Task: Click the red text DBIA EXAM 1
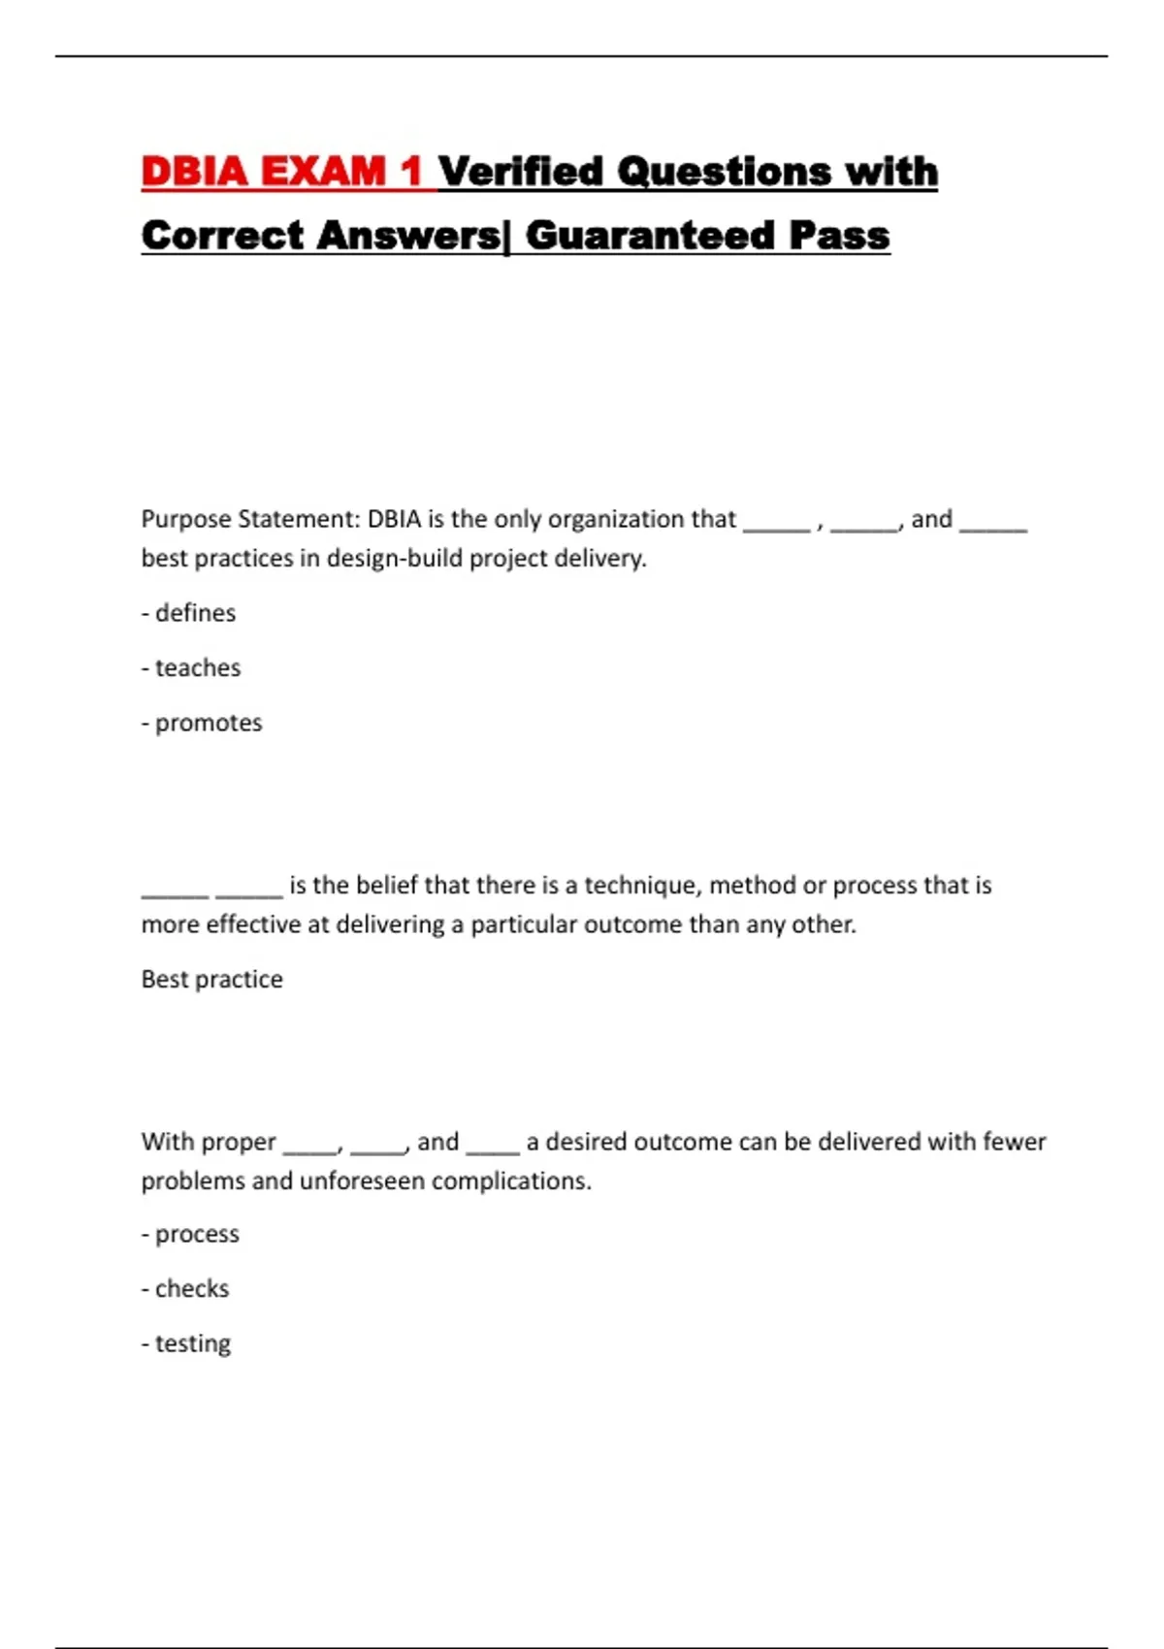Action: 280,172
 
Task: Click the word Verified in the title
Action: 520,172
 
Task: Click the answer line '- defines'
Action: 189,613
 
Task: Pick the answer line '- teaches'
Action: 191,668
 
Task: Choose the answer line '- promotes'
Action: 202,724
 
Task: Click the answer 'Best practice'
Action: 212,980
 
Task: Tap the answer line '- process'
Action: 190,1235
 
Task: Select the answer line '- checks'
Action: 185,1289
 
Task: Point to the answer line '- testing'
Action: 186,1344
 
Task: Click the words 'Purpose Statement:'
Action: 250,520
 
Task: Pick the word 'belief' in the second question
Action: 387,886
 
